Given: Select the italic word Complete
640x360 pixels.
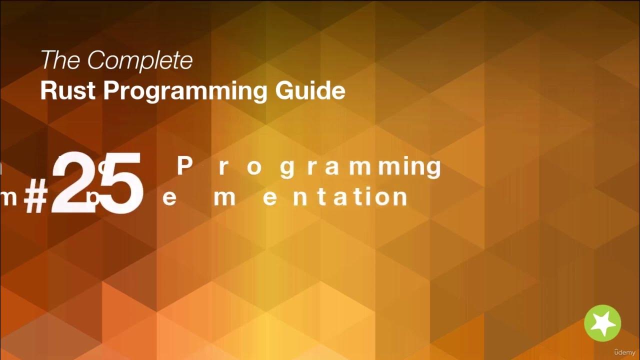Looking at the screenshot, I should pyautogui.click(x=140, y=61).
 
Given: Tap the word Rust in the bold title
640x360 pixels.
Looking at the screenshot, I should pyautogui.click(x=68, y=90).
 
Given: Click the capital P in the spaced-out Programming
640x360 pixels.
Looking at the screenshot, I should pyautogui.click(x=185, y=166).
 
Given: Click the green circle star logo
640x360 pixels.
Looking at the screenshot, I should pyautogui.click(x=602, y=323).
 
